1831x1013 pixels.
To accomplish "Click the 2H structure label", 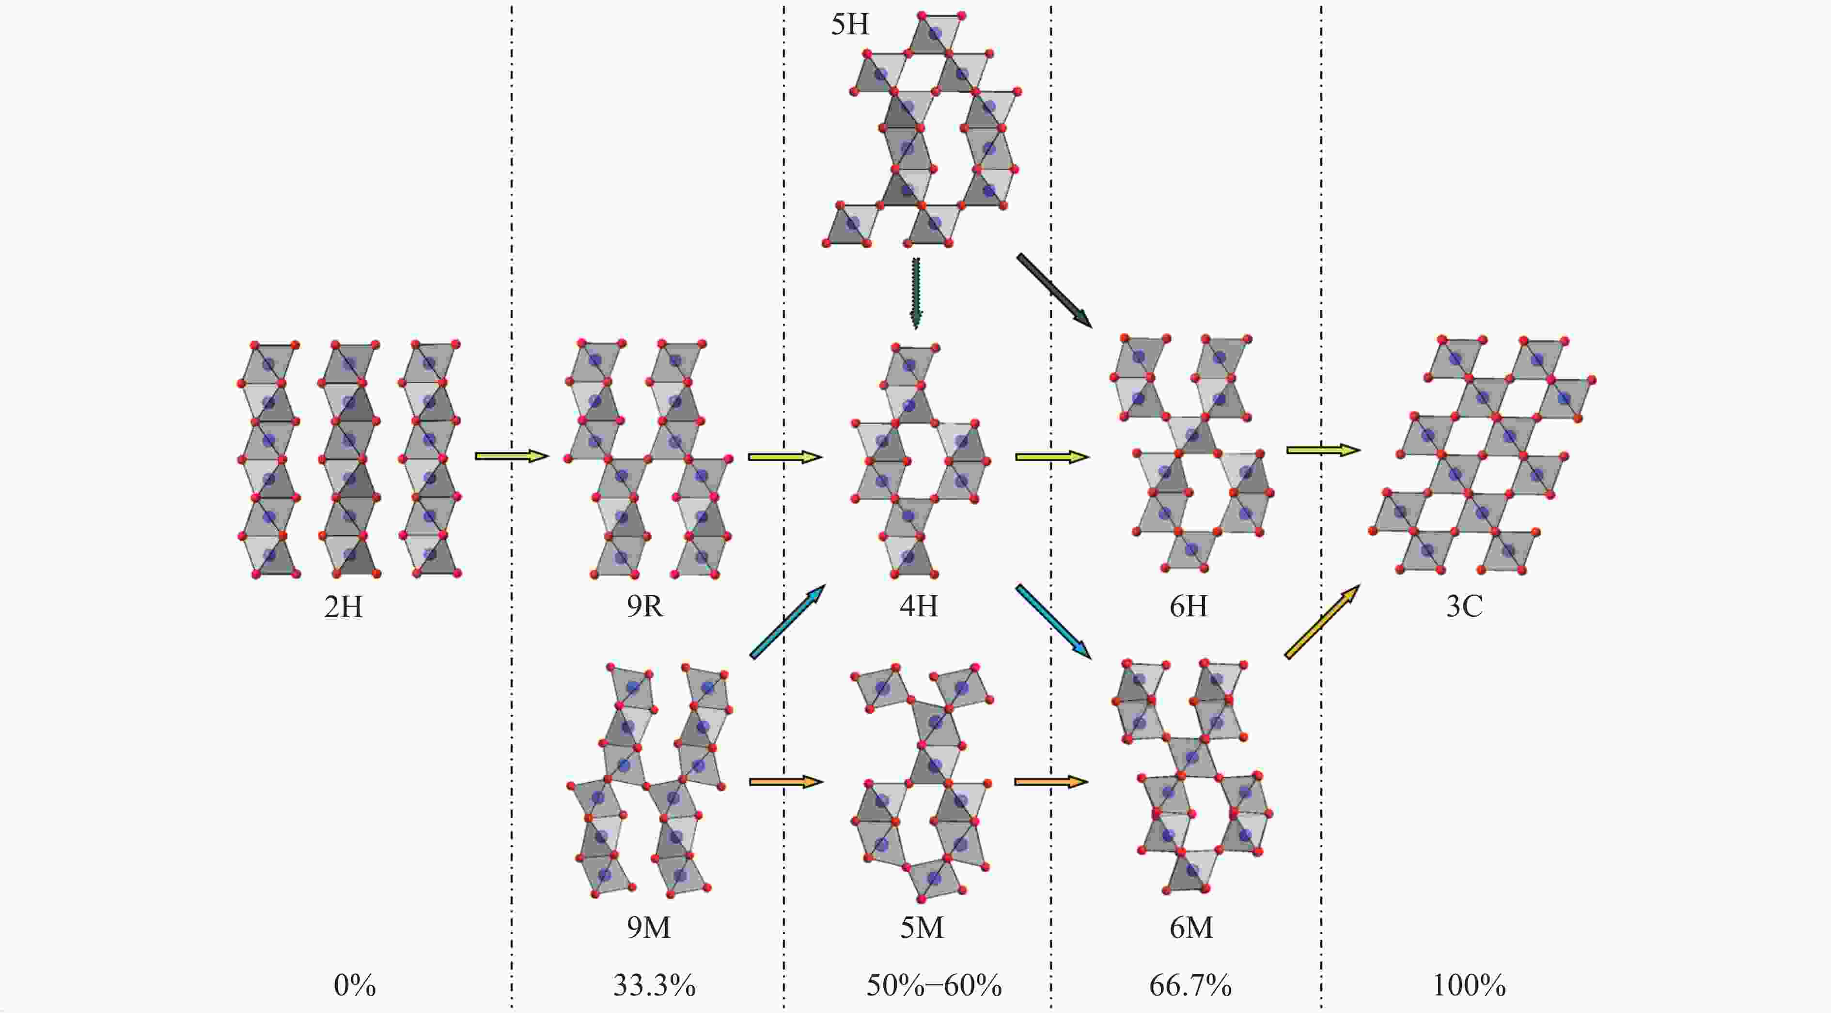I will (344, 607).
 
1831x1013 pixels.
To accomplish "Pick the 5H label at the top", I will (850, 25).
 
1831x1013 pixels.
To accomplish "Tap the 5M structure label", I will (922, 927).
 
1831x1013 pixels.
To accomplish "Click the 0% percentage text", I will (355, 985).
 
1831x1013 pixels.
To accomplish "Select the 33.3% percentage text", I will (655, 985).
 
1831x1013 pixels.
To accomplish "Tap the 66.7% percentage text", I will (1190, 985).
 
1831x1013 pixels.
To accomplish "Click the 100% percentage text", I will (1469, 985).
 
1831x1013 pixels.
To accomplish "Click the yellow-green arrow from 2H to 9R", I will (512, 456).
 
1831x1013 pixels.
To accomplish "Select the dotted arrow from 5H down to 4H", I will (916, 293).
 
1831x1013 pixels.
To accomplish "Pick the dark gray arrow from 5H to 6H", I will (1054, 290).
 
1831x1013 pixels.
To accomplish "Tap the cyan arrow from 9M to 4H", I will (787, 621).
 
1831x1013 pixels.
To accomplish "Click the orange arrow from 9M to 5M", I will (785, 782).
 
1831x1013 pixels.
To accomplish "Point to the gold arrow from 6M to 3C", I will (1322, 622).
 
